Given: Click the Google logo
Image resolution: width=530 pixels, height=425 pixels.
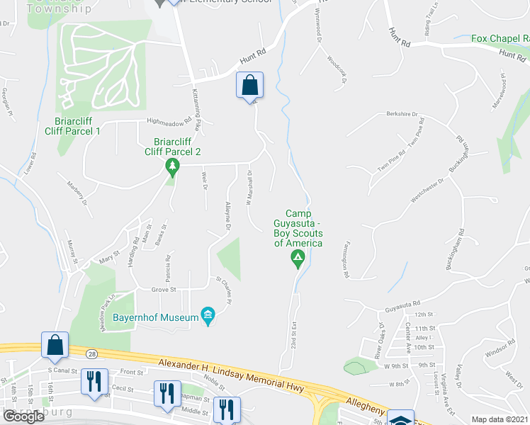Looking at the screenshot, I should [x=23, y=416].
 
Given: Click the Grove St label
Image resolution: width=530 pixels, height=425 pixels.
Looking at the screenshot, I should [x=163, y=289].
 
